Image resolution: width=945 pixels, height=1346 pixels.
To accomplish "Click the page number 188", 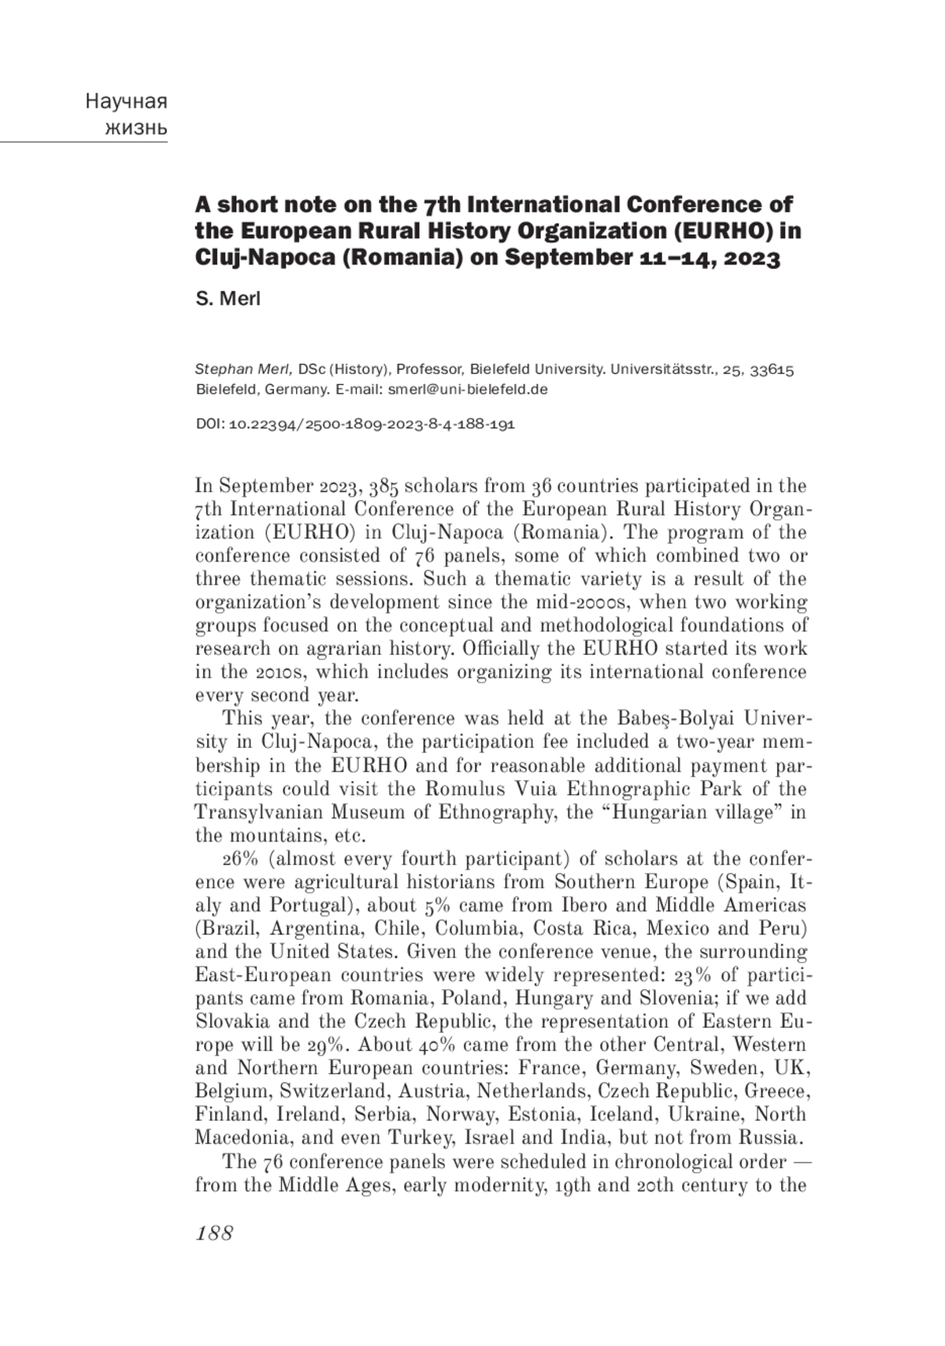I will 214,1233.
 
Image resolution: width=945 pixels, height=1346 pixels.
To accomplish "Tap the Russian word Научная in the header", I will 126,102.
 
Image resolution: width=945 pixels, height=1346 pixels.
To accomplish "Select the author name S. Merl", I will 228,299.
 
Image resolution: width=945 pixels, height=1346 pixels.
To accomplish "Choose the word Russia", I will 768,1137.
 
